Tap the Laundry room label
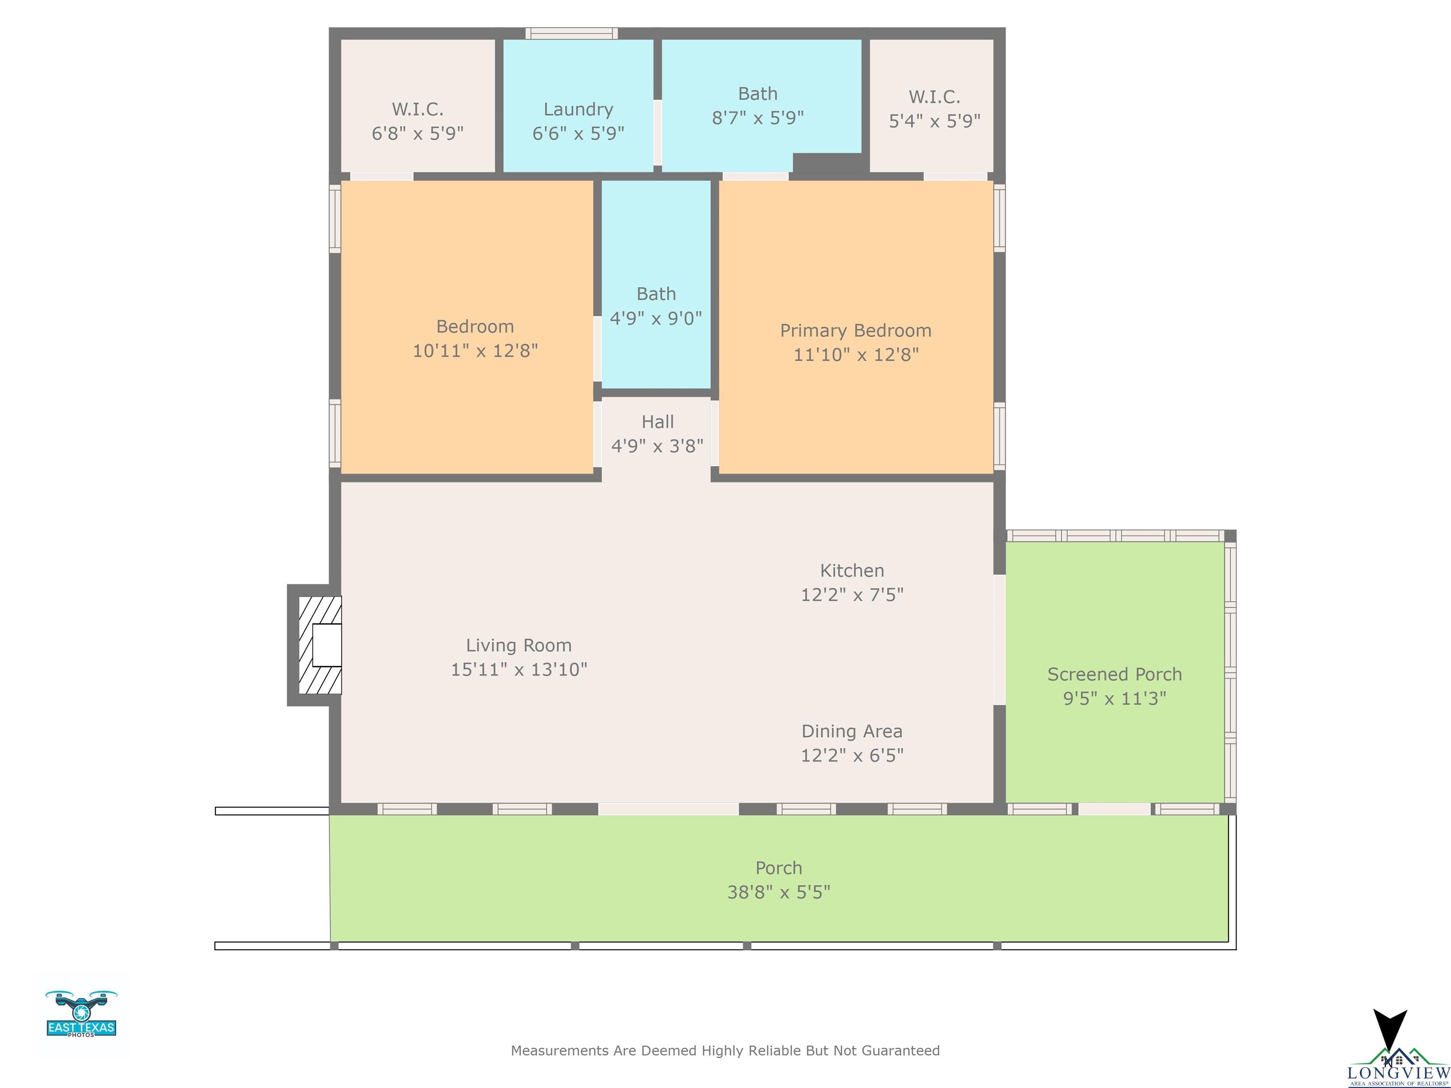coord(578,109)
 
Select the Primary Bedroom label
coord(855,331)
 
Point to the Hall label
coord(657,422)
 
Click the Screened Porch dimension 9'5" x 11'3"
coord(1115,698)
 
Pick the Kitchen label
coord(852,570)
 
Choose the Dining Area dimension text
coord(852,756)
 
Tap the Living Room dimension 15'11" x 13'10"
coord(519,670)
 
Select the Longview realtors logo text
coord(1399,1073)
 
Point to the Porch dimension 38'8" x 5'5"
coord(778,892)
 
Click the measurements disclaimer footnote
coord(725,1051)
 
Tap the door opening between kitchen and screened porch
coord(1000,640)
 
